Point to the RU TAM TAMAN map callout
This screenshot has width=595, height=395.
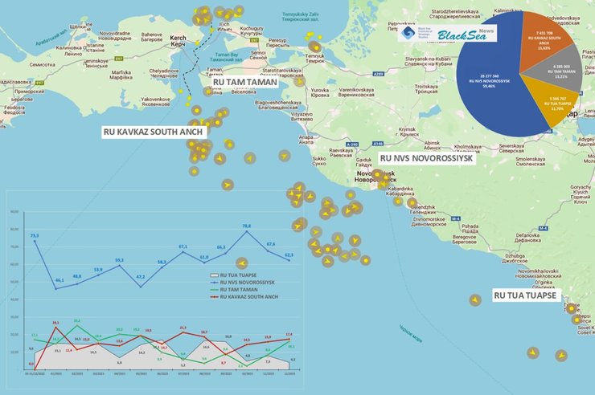[245, 83]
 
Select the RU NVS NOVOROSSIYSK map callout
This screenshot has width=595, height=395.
[427, 159]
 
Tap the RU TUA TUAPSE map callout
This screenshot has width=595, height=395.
[524, 295]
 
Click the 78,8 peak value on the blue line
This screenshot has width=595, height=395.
[246, 226]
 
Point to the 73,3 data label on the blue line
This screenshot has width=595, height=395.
[34, 235]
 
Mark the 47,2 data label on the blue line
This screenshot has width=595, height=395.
[140, 276]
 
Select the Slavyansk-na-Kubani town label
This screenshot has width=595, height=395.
[437, 61]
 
